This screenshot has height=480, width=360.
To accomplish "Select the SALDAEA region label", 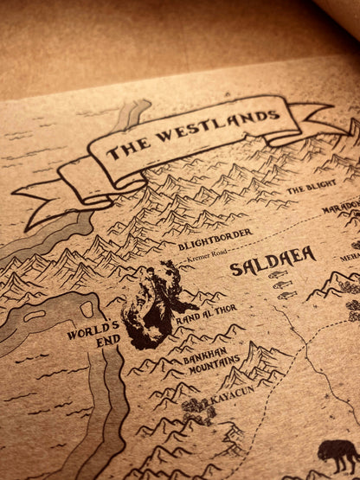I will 273,258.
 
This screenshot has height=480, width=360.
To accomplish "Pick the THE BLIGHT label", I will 310,186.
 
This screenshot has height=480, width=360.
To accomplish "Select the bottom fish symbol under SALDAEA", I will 286,295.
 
